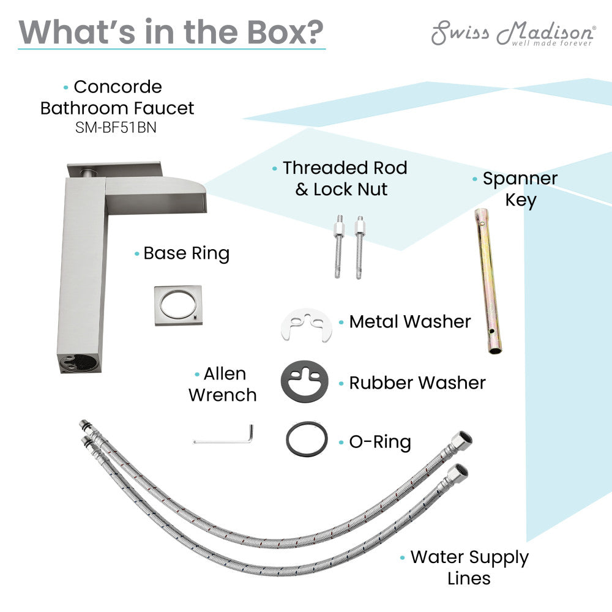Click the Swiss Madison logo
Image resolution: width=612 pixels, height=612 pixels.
click(x=512, y=33)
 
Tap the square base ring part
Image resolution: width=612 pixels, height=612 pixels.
click(x=178, y=304)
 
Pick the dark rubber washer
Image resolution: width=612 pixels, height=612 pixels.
click(x=304, y=382)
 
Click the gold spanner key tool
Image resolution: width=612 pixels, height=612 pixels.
click(x=488, y=281)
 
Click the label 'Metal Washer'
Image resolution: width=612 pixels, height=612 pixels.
click(x=409, y=322)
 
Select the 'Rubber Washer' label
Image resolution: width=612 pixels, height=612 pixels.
click(x=417, y=383)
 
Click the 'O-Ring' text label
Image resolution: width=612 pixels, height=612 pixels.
click(x=379, y=442)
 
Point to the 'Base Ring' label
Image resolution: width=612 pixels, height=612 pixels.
click(x=186, y=253)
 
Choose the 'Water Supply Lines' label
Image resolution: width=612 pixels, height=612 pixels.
click(x=469, y=567)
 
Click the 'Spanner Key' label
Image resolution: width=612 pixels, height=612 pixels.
click(x=520, y=189)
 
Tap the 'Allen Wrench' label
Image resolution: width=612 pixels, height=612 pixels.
click(x=223, y=384)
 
